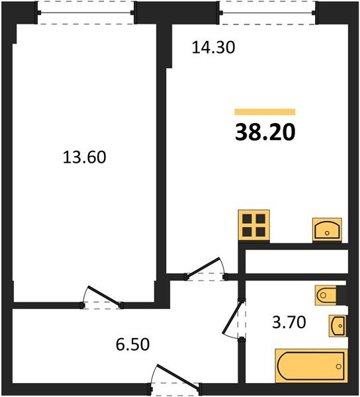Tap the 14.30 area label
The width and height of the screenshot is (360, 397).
point(214,47)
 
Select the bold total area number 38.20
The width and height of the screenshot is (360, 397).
point(265,133)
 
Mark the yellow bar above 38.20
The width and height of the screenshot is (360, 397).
point(265,112)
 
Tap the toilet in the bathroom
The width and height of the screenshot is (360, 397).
point(328,294)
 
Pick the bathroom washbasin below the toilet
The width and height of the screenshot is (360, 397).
point(337,325)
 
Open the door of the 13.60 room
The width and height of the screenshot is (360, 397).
point(103,298)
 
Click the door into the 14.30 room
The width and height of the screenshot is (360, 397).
point(206,269)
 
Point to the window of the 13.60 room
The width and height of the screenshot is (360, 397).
point(86,12)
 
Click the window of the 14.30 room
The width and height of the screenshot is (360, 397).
point(267,12)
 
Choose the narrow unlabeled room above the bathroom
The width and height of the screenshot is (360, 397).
point(295,261)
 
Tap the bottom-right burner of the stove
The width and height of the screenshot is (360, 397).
point(261,232)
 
